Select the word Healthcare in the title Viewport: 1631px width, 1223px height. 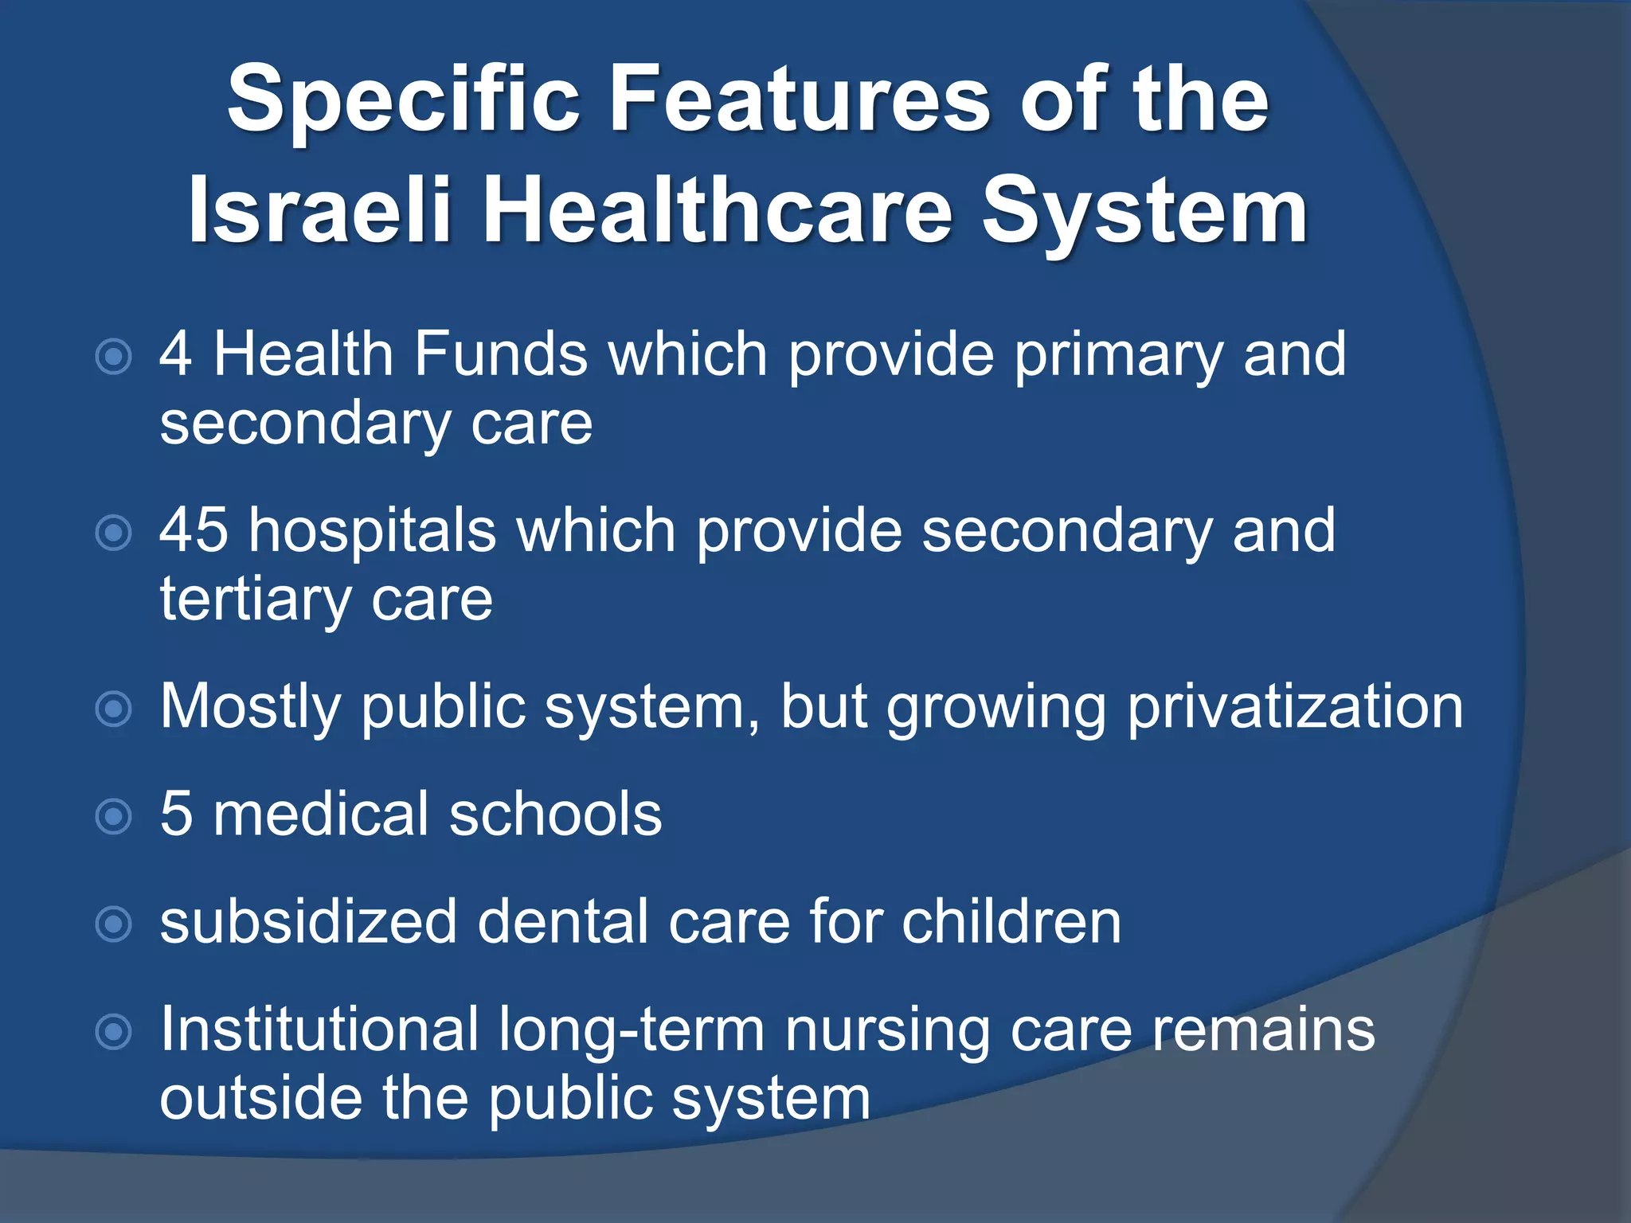(x=718, y=212)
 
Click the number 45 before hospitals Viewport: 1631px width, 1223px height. (x=194, y=530)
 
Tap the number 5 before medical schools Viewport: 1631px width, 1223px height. (x=176, y=814)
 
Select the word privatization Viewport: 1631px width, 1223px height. (x=1295, y=707)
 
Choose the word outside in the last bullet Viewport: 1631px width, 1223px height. (x=260, y=1099)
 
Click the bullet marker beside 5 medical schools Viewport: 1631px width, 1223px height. (x=113, y=816)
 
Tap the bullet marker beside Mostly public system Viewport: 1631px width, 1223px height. (x=113, y=709)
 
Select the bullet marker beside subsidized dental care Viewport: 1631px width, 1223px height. (x=113, y=924)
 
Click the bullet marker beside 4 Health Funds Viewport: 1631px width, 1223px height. (x=113, y=357)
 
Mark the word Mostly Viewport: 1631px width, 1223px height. (x=250, y=707)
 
